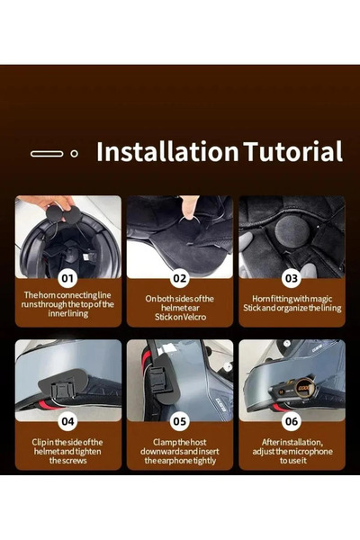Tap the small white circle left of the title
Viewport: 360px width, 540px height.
pos(74,154)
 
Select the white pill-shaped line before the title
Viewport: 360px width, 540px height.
pos(47,154)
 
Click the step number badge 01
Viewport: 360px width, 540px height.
pos(67,279)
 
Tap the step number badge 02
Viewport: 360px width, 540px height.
pos(180,279)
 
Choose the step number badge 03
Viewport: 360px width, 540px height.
pos(292,279)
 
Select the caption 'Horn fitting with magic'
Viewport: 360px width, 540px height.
pos(292,301)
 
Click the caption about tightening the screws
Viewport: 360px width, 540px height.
pos(68,450)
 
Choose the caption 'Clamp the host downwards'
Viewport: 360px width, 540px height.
pos(180,450)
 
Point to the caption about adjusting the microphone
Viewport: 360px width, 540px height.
pos(292,450)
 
